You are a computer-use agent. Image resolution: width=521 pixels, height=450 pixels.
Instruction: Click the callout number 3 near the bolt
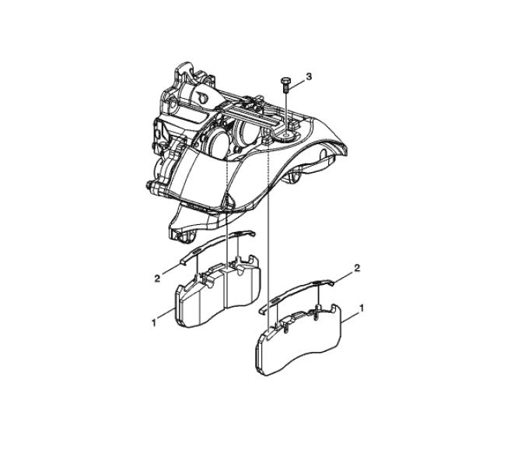click(309, 76)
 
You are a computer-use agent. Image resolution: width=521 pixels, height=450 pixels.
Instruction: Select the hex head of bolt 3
click(285, 81)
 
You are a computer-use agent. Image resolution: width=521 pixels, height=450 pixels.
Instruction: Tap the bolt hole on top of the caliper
click(285, 135)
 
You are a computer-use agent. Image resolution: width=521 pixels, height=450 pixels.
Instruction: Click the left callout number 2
click(157, 279)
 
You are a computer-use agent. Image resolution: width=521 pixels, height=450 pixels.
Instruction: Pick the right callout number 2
click(357, 268)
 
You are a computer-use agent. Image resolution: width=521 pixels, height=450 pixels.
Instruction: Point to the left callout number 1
click(153, 322)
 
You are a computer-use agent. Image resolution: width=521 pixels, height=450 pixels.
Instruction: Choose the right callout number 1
click(361, 308)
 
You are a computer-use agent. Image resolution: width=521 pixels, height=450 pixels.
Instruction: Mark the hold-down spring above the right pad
click(297, 294)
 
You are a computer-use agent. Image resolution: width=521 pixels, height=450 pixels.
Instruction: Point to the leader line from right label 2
click(344, 277)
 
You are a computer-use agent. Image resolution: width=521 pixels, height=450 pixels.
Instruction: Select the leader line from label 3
click(296, 84)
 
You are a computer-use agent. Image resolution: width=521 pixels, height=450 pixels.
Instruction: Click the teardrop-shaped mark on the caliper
click(202, 97)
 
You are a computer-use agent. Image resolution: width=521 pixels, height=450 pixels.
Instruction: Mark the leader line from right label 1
click(350, 316)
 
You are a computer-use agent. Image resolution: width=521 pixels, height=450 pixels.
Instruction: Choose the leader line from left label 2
click(172, 268)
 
